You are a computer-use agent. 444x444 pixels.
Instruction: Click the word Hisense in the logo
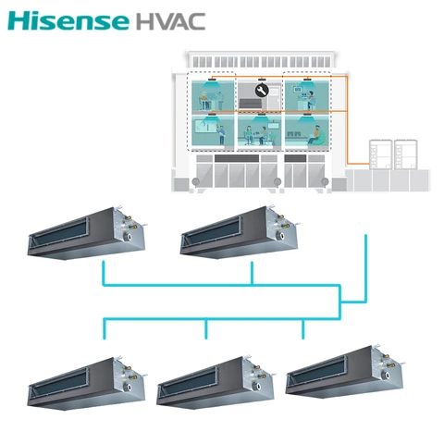click(x=68, y=21)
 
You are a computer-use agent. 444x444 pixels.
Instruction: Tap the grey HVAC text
click(x=170, y=21)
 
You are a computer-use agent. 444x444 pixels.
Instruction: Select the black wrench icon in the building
click(x=262, y=91)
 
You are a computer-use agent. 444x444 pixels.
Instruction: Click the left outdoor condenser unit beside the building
click(x=381, y=154)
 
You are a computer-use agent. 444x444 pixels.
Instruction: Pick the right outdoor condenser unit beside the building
click(x=406, y=154)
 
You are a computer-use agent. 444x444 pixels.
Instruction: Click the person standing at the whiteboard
click(x=221, y=134)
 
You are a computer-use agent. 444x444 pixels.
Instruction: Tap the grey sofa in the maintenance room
click(x=250, y=104)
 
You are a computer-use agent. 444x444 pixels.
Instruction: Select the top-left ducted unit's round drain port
click(x=128, y=237)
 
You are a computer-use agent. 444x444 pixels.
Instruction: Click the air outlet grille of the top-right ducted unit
click(x=213, y=232)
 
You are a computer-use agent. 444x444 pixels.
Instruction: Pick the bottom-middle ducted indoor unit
click(x=216, y=382)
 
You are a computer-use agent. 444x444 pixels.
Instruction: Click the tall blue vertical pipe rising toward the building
click(x=366, y=268)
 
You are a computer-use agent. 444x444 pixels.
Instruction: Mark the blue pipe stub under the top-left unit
click(x=104, y=273)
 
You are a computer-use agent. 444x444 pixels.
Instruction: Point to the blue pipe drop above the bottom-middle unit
click(x=206, y=329)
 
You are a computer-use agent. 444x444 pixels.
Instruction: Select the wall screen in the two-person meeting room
click(x=273, y=126)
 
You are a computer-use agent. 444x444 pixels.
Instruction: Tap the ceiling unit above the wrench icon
click(x=262, y=80)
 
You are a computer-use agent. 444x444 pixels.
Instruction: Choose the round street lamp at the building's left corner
click(x=195, y=182)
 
